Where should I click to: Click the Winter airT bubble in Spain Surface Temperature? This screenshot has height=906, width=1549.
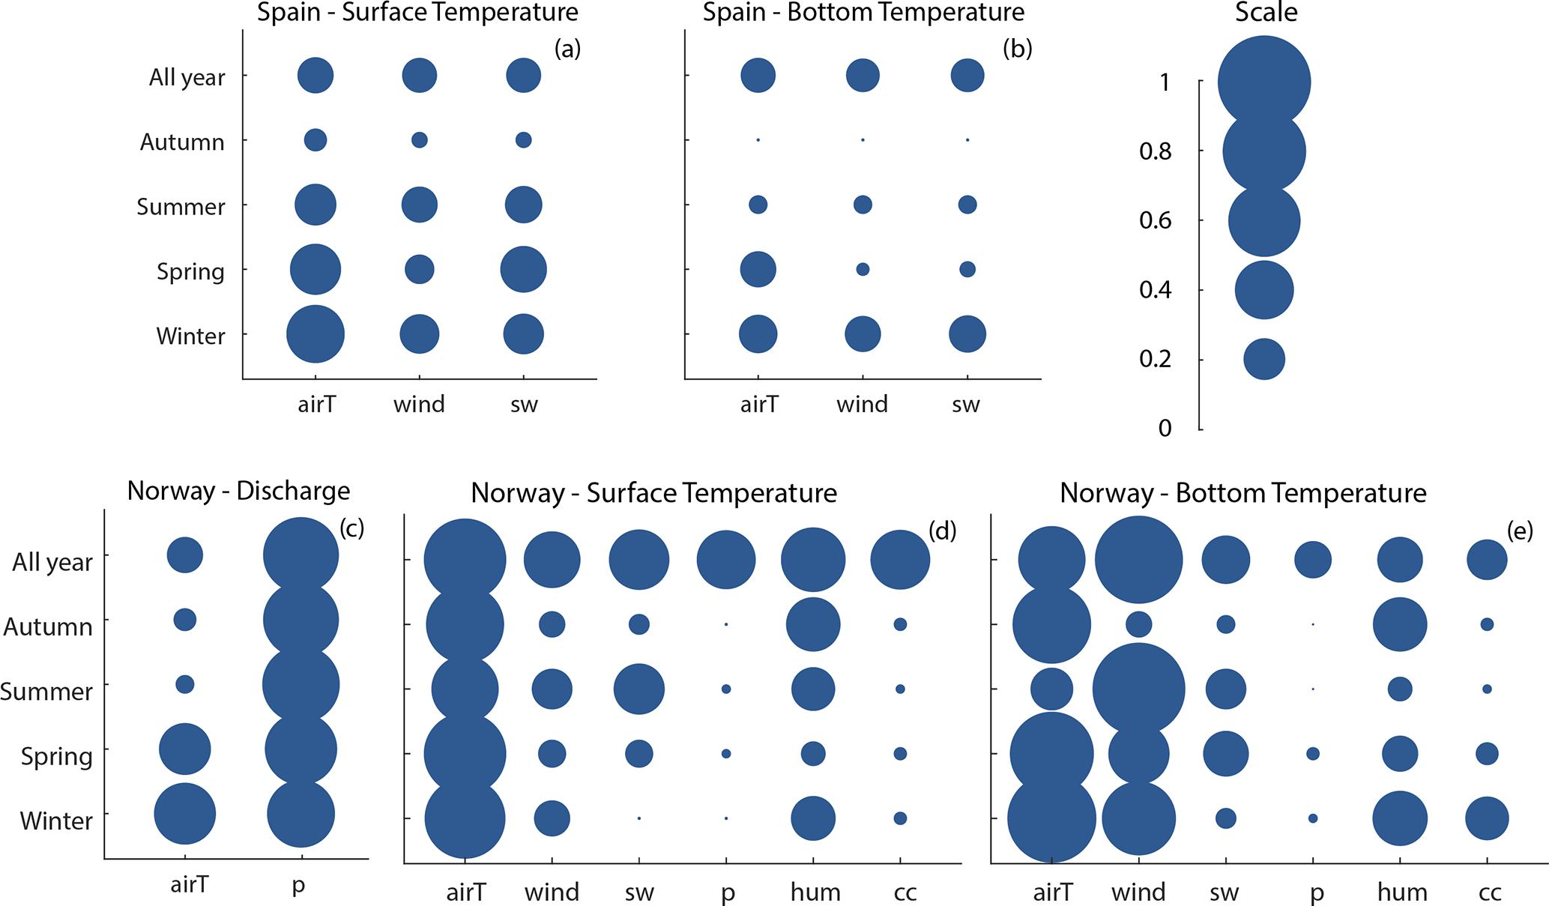[315, 334]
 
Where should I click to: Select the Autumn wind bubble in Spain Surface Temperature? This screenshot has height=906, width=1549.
[420, 140]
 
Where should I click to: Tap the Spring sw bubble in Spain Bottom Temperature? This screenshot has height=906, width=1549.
[967, 269]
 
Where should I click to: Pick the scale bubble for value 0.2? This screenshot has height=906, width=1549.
[1264, 359]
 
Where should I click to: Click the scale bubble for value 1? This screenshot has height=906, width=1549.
[1264, 82]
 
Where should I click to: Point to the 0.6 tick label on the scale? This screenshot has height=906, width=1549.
[1156, 220]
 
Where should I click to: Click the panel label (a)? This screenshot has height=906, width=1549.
[567, 49]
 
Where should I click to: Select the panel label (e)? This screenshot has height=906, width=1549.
[1520, 531]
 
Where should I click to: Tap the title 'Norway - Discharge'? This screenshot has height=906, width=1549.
[238, 491]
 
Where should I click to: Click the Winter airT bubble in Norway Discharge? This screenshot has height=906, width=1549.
[185, 814]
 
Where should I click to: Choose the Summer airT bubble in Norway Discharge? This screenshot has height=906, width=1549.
[185, 684]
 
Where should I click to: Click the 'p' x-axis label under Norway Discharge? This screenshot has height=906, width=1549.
[298, 885]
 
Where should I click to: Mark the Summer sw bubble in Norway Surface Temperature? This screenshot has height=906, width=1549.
[639, 689]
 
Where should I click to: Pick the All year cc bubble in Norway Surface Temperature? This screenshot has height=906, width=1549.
[900, 560]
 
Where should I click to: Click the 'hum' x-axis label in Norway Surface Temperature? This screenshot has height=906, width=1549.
[815, 893]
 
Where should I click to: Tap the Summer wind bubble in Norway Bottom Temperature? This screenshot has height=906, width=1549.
[1138, 689]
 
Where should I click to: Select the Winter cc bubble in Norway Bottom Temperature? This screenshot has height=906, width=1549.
[1487, 818]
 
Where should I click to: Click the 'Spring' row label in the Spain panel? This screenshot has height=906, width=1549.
[190, 271]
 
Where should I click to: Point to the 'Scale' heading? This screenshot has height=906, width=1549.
[1266, 13]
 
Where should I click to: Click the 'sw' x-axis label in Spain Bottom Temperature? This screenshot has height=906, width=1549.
[966, 405]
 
